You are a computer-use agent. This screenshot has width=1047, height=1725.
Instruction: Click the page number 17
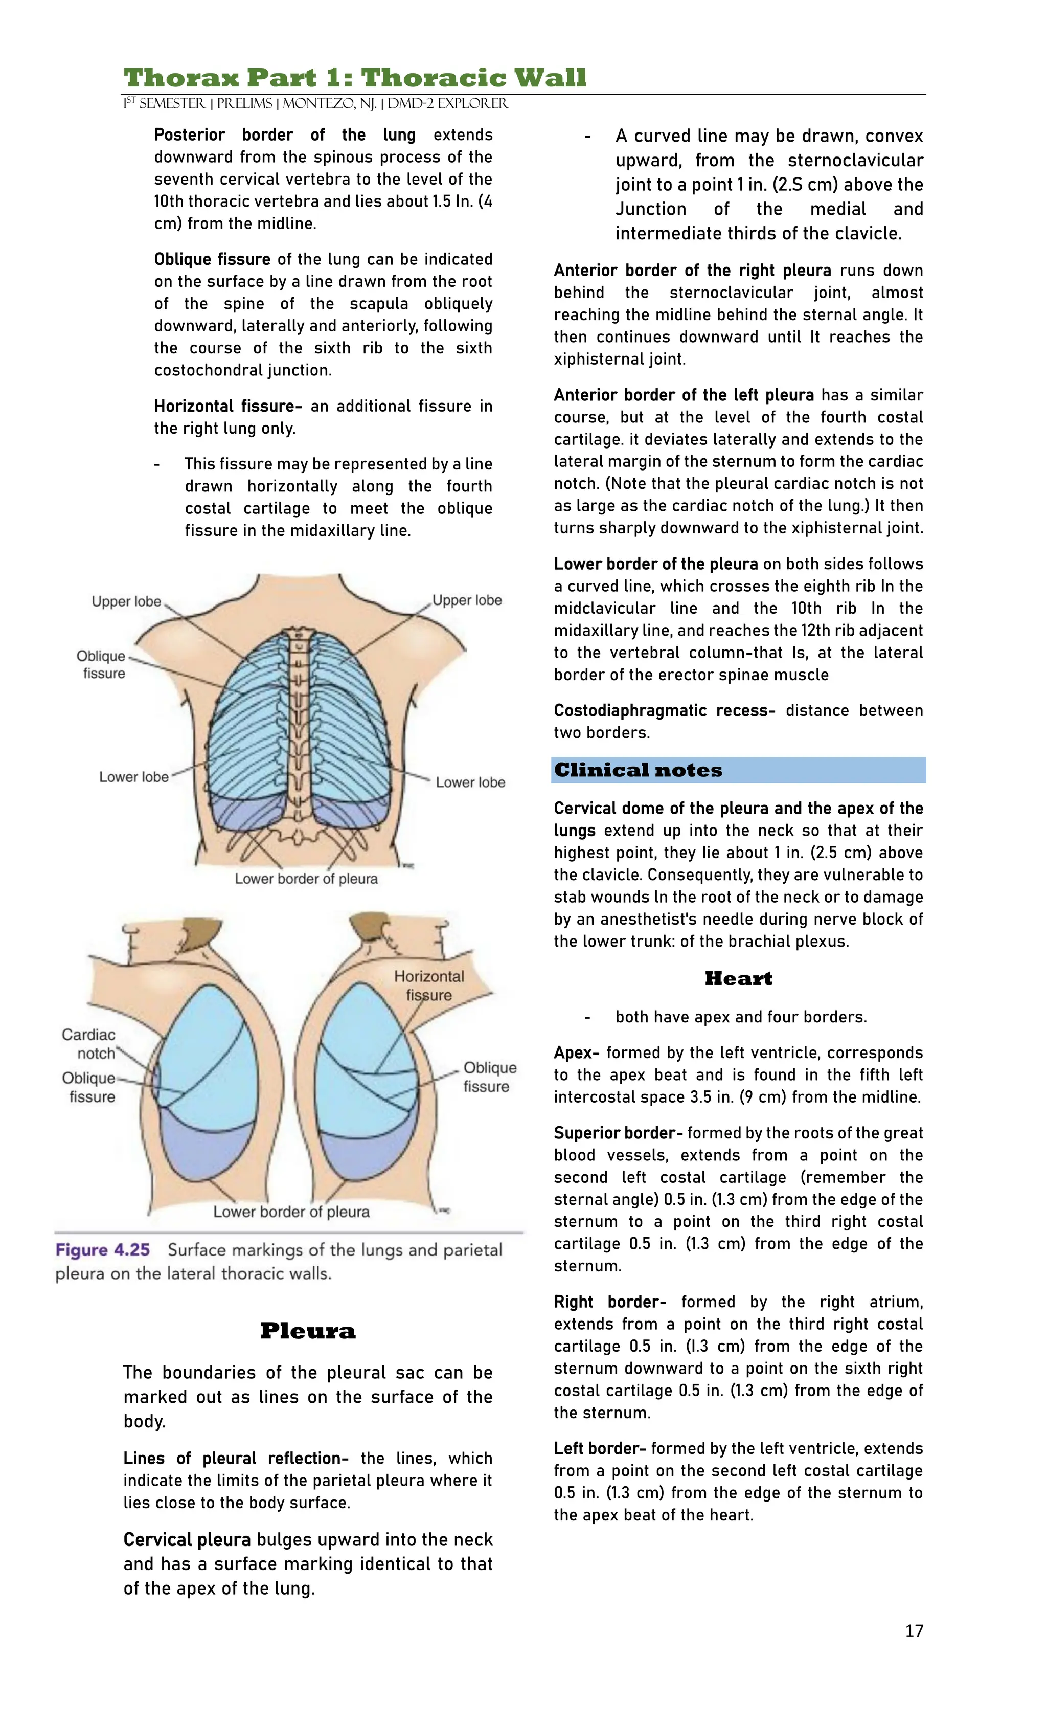pyautogui.click(x=914, y=1630)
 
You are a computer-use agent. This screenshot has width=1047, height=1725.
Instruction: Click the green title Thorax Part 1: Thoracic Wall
pyautogui.click(x=355, y=77)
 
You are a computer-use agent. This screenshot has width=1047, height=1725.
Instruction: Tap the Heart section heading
pyautogui.click(x=738, y=978)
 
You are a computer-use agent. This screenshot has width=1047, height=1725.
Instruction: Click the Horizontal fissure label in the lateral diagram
pyautogui.click(x=428, y=985)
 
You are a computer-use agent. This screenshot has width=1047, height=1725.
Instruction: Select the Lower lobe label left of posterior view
pyautogui.click(x=133, y=777)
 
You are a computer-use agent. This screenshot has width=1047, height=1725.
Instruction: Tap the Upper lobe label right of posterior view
pyautogui.click(x=467, y=600)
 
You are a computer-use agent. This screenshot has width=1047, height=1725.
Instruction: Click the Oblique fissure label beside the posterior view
pyautogui.click(x=102, y=664)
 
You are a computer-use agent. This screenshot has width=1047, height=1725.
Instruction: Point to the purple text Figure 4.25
pyautogui.click(x=103, y=1250)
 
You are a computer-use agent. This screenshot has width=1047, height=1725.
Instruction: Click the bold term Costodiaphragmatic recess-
pyautogui.click(x=664, y=710)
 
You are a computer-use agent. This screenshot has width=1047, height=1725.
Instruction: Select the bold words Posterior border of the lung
pyautogui.click(x=284, y=135)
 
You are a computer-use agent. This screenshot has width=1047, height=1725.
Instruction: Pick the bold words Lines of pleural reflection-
pyautogui.click(x=235, y=1458)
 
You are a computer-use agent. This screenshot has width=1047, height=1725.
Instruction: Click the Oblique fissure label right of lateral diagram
pyautogui.click(x=489, y=1077)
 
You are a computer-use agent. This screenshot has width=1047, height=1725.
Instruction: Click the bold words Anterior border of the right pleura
pyautogui.click(x=692, y=270)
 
